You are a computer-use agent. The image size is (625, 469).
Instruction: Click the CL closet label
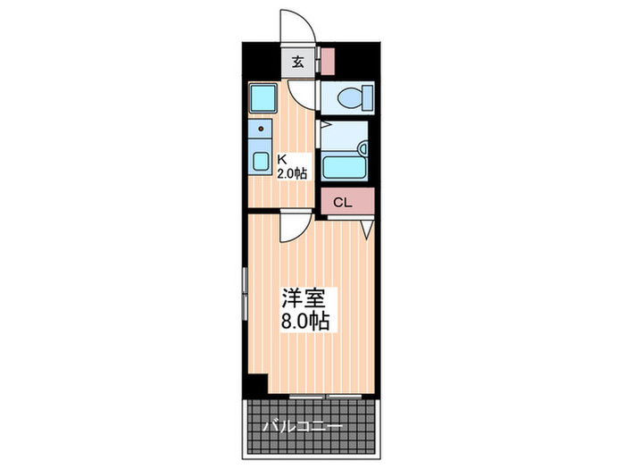[343, 203]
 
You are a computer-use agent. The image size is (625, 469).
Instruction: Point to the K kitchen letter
[281, 161]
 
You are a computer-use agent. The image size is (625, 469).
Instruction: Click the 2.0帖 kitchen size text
[291, 174]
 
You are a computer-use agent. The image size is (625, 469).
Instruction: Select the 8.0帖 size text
[305, 321]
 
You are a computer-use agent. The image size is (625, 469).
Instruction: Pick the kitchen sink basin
[262, 162]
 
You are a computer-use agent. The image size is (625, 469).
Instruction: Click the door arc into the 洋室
[293, 229]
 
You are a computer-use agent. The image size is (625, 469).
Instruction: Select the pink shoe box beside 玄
[328, 63]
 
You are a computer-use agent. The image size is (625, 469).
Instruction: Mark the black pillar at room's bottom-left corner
[256, 385]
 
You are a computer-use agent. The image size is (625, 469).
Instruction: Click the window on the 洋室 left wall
[244, 295]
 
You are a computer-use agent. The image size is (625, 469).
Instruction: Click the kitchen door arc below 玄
[301, 92]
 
